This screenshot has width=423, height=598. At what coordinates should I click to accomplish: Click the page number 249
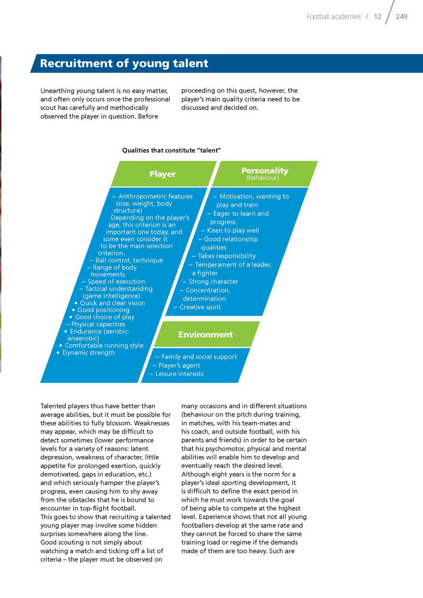(x=401, y=17)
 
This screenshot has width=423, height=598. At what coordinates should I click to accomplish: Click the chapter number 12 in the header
(x=377, y=17)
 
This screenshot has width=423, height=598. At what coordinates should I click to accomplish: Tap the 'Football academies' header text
(x=333, y=17)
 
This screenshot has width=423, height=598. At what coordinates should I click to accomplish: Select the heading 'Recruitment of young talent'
(x=124, y=64)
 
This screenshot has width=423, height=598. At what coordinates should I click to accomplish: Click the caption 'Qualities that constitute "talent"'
(x=171, y=150)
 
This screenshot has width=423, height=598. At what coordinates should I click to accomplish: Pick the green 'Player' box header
(x=162, y=174)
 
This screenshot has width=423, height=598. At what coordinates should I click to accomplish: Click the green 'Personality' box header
(x=265, y=171)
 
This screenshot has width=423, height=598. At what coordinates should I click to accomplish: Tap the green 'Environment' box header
(x=206, y=335)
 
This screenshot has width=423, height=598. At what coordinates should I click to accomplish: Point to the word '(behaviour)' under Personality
(x=262, y=178)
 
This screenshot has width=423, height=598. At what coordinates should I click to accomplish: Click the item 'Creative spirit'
(x=200, y=307)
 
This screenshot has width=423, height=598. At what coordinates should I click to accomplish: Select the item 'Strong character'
(x=213, y=282)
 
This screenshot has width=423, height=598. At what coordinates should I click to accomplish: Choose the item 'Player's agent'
(x=179, y=366)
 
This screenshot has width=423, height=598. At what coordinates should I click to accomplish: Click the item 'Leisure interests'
(x=179, y=374)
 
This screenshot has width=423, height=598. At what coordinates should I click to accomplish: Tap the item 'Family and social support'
(x=199, y=357)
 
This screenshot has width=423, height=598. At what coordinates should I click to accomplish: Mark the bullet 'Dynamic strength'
(x=88, y=353)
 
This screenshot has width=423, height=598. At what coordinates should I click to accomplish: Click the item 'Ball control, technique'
(x=129, y=261)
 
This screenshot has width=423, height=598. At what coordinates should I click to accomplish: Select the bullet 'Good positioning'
(x=103, y=310)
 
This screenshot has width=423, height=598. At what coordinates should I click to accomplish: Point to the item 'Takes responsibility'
(x=226, y=256)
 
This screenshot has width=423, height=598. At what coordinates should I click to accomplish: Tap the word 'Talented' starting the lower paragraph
(x=54, y=406)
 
